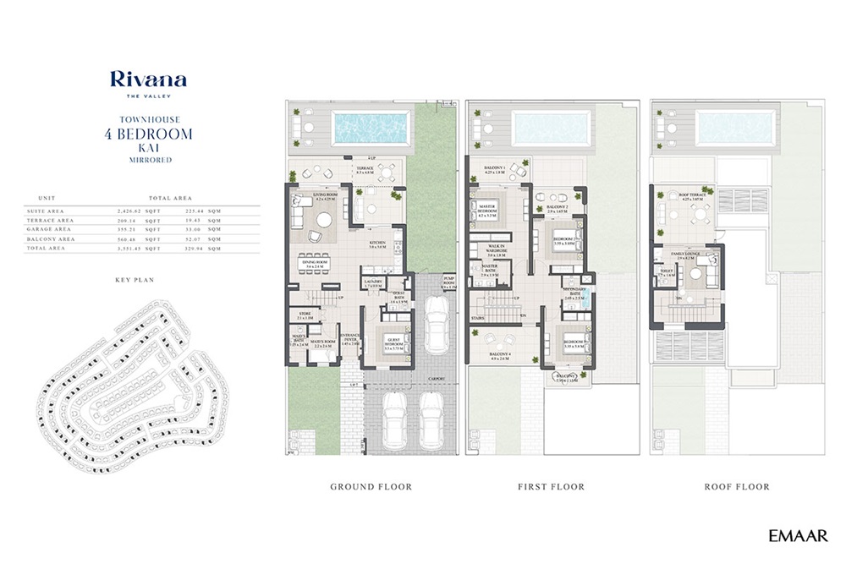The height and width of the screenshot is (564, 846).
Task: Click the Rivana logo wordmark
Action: coord(148,80)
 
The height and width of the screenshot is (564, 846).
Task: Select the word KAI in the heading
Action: coord(148,146)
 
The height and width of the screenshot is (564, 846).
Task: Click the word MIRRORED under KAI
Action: coord(148,159)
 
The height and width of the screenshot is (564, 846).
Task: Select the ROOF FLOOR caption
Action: coord(737,487)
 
